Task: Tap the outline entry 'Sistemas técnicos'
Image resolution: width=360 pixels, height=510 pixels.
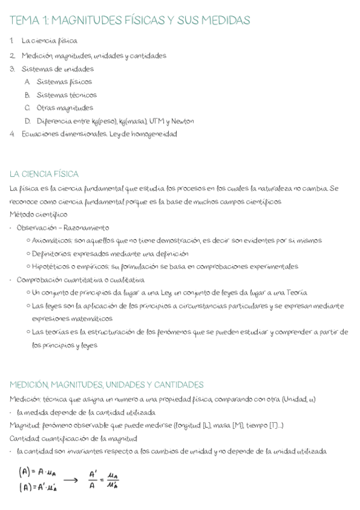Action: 66,95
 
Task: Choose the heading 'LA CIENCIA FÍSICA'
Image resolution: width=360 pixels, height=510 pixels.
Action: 44,174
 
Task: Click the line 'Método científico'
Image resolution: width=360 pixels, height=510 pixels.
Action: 38,214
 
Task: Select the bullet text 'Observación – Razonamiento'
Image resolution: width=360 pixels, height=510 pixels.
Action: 63,227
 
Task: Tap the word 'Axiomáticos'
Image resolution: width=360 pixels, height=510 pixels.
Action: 52,241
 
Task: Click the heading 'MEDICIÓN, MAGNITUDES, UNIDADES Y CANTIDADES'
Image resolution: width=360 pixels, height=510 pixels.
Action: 107,385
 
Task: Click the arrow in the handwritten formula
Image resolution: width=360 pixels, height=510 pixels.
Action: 70,480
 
